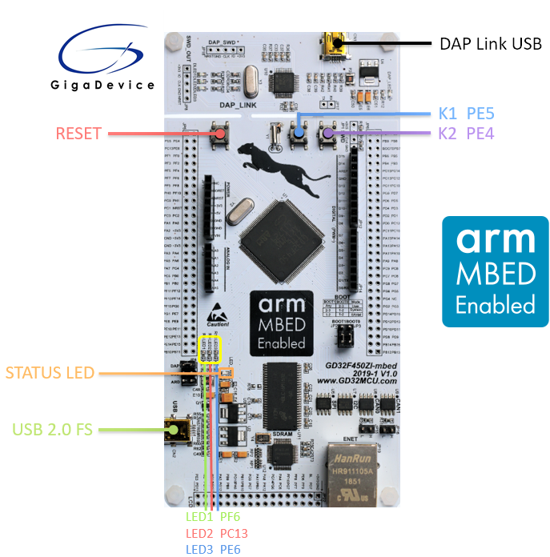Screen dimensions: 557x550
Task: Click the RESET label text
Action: [x=79, y=133]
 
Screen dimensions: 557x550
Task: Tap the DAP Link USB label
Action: [x=491, y=42]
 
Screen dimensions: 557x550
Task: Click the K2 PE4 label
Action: [x=467, y=134]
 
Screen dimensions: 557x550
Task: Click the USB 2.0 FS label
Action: [x=53, y=430]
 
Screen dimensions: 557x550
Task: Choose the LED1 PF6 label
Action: [x=213, y=517]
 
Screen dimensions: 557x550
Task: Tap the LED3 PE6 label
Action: [x=213, y=549]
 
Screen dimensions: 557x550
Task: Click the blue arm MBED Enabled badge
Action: [x=495, y=271]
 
